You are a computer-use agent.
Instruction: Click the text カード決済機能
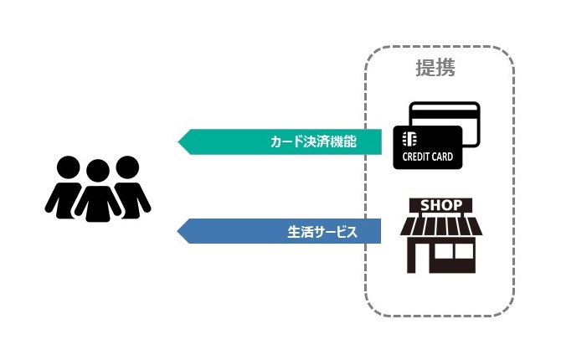tap(313, 141)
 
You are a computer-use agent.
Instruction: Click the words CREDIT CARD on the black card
tap(428, 157)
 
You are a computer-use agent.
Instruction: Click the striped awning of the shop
tap(440, 226)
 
